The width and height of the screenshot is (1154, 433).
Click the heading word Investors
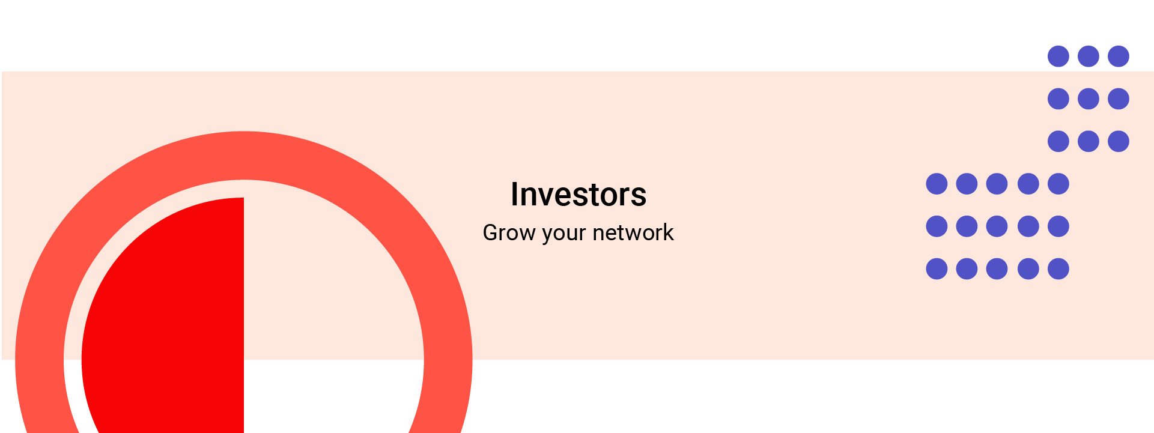(579, 195)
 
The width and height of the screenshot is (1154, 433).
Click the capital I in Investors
(515, 195)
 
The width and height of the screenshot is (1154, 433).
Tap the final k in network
(668, 232)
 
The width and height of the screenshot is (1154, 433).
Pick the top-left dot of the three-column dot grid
(1058, 56)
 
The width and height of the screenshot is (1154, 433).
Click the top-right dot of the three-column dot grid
(1119, 56)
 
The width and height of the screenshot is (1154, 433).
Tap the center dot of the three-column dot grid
(1089, 99)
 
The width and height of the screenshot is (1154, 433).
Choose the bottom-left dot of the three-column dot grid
(1058, 142)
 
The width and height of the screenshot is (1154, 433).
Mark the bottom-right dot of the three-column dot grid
(1119, 142)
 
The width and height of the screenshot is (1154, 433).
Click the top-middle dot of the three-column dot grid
(1089, 56)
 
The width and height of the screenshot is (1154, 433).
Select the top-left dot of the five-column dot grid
(937, 184)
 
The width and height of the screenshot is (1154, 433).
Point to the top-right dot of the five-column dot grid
(1058, 184)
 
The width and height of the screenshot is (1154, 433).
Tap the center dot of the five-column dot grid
(997, 226)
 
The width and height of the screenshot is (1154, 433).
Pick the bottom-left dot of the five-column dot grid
(937, 269)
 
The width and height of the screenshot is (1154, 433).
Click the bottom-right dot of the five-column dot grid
(1058, 269)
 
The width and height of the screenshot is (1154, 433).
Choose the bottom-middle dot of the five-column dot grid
(997, 269)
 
